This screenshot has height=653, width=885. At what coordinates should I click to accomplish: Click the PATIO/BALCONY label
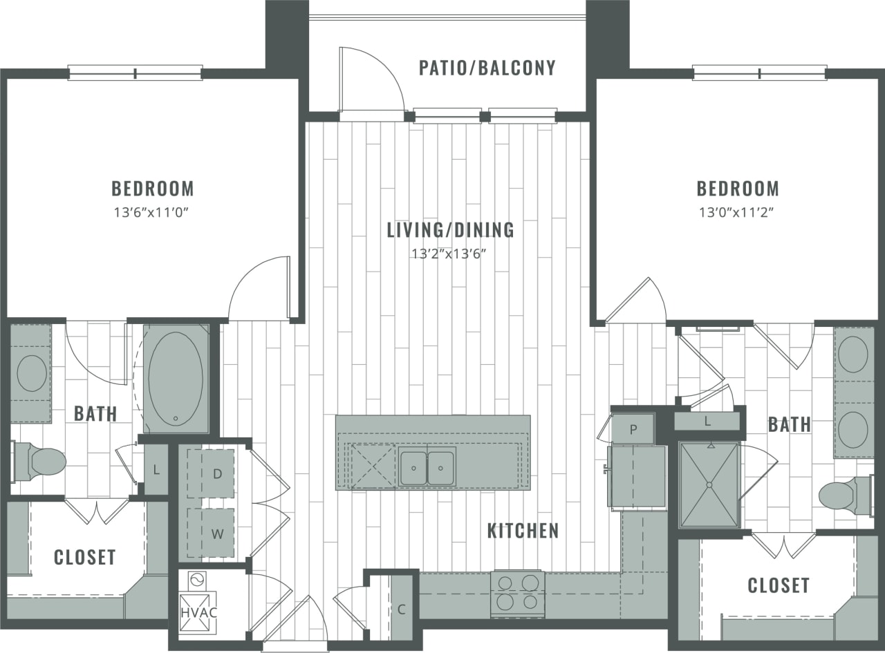pos(487,68)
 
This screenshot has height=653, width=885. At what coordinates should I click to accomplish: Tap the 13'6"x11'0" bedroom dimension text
pos(151,212)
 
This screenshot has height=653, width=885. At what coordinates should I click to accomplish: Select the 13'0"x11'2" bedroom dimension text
pos(737,212)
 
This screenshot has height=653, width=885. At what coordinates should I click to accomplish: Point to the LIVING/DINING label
pos(450,230)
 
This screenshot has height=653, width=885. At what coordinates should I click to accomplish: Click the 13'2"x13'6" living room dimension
pos(450,254)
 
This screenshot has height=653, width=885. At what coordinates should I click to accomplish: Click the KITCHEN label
pos(523,531)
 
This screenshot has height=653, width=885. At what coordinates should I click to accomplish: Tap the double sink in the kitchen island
pos(427,466)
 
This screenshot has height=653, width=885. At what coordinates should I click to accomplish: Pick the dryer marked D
pos(217,474)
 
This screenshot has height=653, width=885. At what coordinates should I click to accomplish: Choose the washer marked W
pos(217,533)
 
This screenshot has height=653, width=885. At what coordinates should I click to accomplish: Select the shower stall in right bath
pos(709,485)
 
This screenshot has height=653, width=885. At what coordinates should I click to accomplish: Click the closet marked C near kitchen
pos(401,609)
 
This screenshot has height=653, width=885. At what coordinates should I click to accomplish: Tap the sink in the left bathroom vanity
pos(31,373)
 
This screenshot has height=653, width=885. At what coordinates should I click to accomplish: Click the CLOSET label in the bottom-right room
pos(778,586)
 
